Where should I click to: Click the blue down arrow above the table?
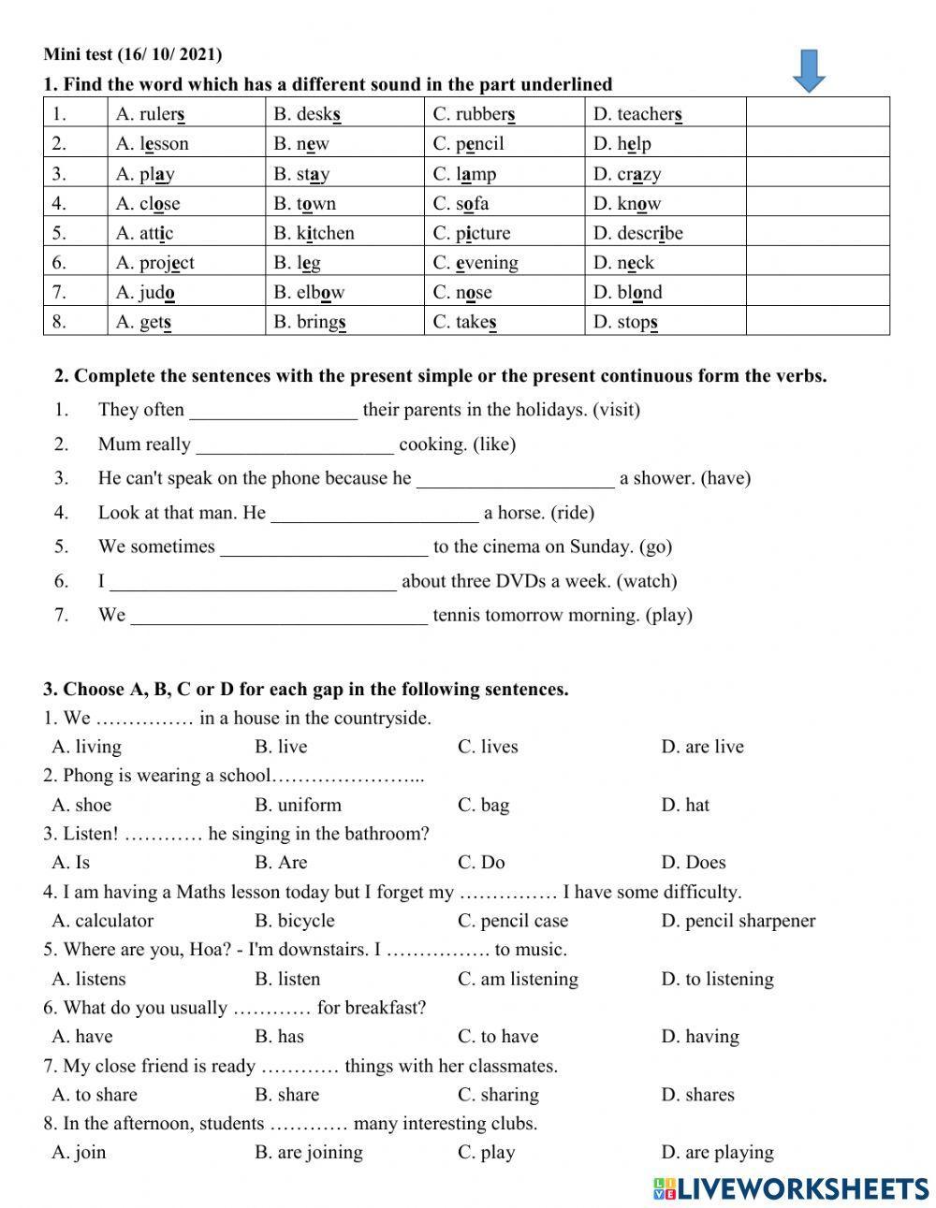click(809, 72)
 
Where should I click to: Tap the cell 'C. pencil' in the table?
click(468, 144)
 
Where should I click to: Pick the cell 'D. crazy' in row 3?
click(627, 174)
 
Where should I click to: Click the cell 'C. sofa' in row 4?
click(461, 204)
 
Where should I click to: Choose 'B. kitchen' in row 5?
click(314, 233)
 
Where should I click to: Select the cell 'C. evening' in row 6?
click(475, 263)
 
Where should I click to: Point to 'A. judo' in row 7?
click(145, 293)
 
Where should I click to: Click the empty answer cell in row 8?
click(817, 322)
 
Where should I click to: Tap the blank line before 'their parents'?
click(273, 410)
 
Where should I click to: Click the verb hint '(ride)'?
click(572, 513)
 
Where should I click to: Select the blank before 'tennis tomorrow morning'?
click(279, 616)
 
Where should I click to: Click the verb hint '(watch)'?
click(647, 581)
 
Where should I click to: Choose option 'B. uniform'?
click(298, 805)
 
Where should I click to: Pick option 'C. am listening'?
click(518, 979)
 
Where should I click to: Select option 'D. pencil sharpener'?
click(738, 921)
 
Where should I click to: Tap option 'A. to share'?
click(95, 1095)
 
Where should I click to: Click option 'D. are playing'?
click(717, 1153)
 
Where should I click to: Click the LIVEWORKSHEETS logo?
click(791, 1187)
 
